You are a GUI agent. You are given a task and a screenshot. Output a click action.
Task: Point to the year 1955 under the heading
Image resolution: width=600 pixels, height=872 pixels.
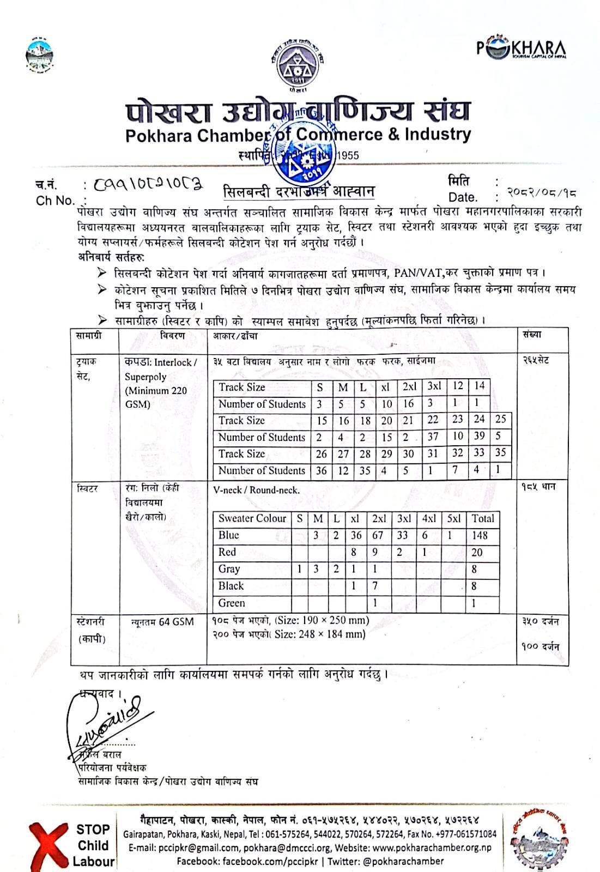(348, 155)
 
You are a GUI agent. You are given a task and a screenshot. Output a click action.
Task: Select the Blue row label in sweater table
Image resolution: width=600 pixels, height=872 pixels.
(229, 535)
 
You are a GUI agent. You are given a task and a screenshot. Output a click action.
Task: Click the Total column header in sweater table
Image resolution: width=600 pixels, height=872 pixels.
(483, 518)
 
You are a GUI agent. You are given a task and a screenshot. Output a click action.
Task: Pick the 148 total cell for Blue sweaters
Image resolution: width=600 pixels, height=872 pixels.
(480, 535)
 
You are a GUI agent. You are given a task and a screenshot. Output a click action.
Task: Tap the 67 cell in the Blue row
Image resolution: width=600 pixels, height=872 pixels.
(378, 535)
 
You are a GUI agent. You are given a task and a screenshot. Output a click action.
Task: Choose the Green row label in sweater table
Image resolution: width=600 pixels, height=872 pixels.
(232, 603)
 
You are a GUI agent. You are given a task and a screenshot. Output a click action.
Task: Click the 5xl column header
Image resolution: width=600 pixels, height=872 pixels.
(453, 518)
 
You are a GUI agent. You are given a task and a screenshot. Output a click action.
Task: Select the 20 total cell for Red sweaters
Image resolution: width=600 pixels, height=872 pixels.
(477, 552)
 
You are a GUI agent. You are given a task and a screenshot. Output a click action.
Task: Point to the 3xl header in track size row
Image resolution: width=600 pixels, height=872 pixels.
(434, 387)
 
